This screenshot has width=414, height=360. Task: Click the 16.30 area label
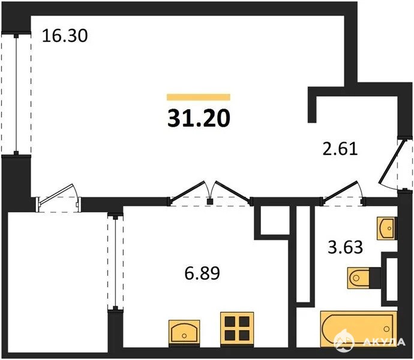click(x=65, y=35)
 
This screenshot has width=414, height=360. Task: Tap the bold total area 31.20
click(x=199, y=118)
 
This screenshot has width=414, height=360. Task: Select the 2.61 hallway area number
click(x=340, y=149)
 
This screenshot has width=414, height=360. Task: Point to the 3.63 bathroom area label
click(x=346, y=247)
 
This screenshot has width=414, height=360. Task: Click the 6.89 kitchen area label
click(x=202, y=273)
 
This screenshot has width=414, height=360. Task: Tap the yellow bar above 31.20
click(x=199, y=97)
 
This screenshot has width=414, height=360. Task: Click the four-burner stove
click(x=237, y=328)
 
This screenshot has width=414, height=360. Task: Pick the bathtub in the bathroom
click(x=359, y=329)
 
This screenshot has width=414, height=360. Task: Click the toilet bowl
click(x=359, y=278)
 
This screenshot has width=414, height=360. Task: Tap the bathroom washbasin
click(x=386, y=228)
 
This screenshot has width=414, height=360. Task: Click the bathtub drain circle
click(x=387, y=329)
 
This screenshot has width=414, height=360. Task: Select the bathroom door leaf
click(x=340, y=191)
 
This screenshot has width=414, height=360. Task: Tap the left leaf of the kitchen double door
click(x=188, y=190)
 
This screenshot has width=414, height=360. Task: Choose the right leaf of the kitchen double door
click(x=232, y=191)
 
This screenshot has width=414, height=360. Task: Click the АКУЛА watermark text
click(x=383, y=342)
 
